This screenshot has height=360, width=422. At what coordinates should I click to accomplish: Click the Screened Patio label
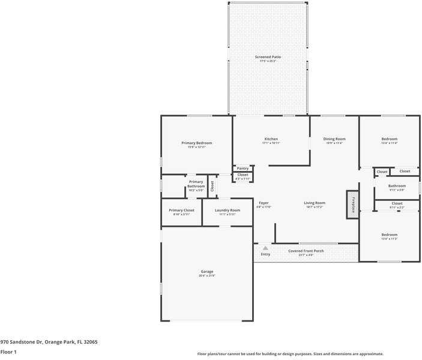(268, 57)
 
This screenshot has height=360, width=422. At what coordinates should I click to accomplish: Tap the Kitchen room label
(271, 139)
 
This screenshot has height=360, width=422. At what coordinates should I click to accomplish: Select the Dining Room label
(334, 139)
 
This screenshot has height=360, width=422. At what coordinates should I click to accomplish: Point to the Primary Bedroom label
(196, 143)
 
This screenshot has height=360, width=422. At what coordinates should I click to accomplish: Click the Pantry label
(243, 169)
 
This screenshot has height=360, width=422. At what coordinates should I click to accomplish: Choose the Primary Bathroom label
(196, 184)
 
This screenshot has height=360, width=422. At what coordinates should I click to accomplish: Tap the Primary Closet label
(181, 211)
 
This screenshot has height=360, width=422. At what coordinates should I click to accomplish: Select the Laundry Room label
(228, 211)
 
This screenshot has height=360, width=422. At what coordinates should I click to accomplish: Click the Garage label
(206, 272)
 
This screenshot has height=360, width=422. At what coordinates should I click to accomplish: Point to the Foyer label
(264, 203)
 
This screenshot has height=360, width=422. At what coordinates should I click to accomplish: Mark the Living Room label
(315, 203)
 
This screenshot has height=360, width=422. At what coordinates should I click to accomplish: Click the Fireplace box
(352, 204)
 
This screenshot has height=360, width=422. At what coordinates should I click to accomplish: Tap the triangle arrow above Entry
(265, 248)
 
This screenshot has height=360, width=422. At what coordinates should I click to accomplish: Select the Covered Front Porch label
(306, 251)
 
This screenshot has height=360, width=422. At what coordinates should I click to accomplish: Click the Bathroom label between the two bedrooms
(397, 186)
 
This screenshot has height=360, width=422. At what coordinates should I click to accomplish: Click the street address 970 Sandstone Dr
(49, 342)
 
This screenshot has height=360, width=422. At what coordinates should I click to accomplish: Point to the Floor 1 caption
(8, 352)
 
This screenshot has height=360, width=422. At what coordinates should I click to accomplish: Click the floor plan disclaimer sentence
(290, 354)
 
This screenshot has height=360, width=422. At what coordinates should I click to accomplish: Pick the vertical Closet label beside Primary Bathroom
(212, 186)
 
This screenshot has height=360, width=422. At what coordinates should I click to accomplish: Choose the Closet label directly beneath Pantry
(243, 175)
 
